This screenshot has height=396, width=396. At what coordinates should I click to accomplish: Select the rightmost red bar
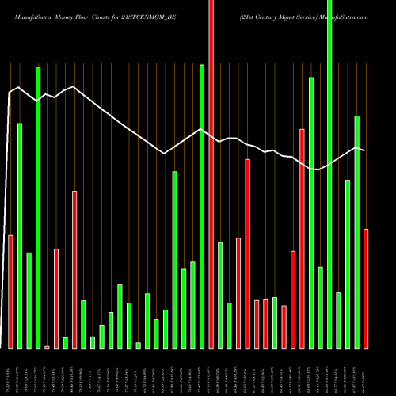[366, 288]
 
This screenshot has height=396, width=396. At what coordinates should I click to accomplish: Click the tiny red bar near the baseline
[47, 347]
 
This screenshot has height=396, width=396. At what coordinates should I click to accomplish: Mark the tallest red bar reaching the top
[211, 174]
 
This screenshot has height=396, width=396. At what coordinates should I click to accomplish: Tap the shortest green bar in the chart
[138, 345]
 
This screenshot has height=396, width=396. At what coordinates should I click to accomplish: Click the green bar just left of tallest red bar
[202, 206]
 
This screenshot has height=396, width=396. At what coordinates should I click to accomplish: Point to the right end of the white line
[364, 150]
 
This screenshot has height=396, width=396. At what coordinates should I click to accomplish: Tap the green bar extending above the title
[329, 174]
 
